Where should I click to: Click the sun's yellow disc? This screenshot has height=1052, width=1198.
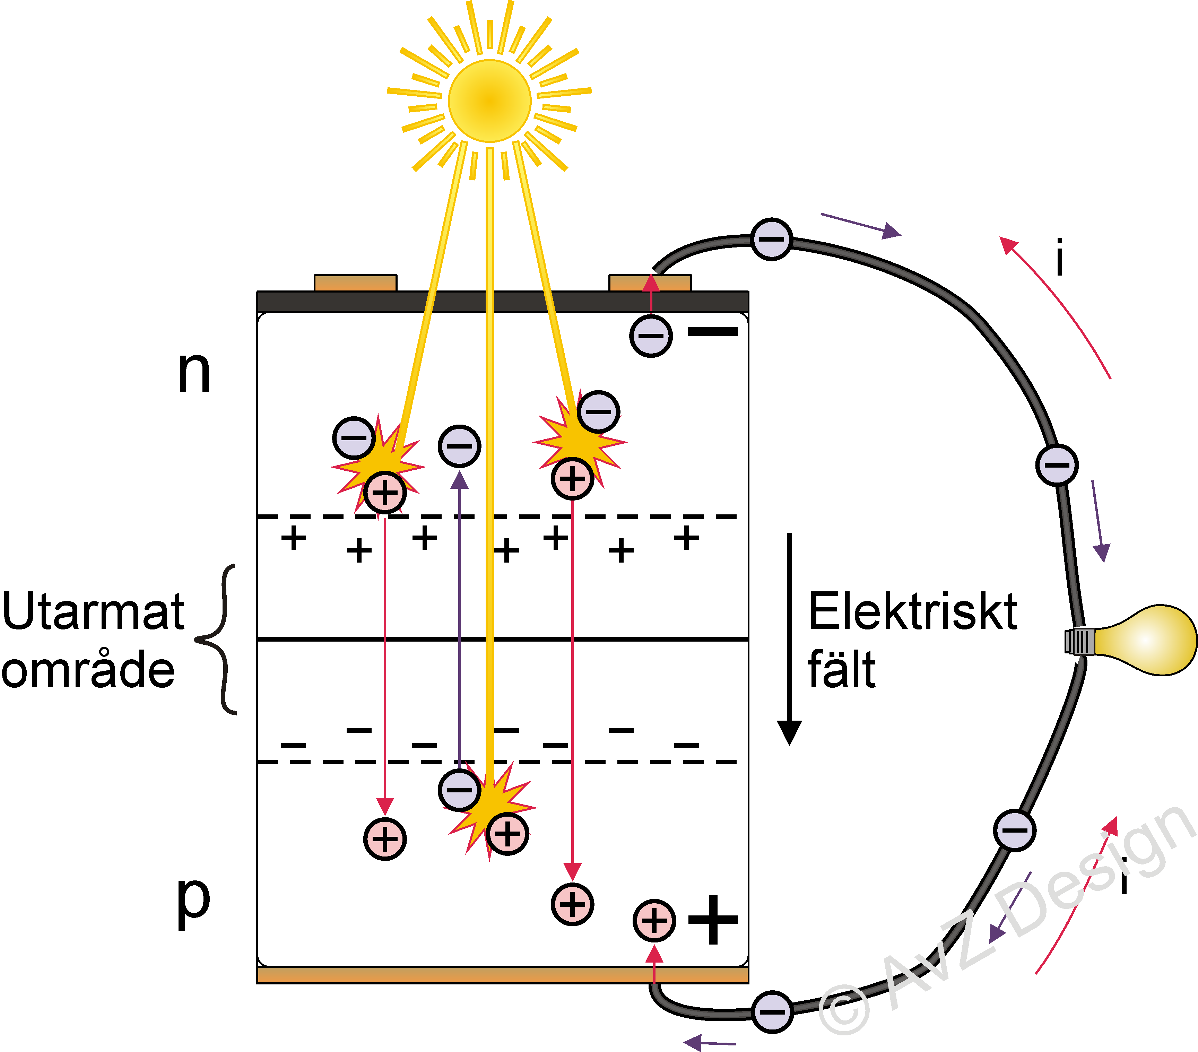489,101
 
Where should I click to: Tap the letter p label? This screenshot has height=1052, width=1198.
193,903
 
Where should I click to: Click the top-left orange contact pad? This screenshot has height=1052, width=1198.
355,283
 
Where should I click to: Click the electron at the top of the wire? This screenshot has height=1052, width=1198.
771,239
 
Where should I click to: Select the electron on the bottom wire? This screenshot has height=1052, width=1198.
772,1012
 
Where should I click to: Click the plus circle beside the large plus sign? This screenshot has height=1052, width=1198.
654,921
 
